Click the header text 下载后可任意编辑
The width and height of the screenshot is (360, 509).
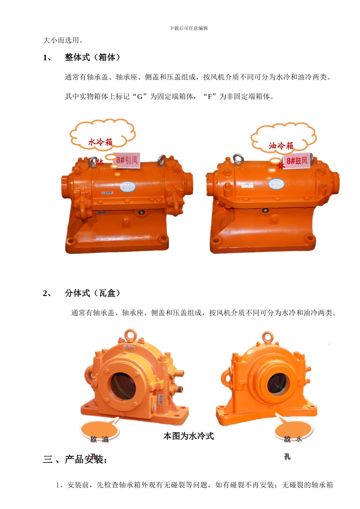pos(189,28)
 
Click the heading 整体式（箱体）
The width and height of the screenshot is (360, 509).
pos(92,57)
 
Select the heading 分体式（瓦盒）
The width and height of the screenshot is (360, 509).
pos(92,293)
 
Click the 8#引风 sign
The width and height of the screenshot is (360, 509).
pos(127,160)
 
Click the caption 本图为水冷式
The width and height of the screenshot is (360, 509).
pos(188,436)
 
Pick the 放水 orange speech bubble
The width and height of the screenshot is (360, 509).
pos(293,431)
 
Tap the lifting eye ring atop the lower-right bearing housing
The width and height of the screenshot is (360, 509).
pos(268,336)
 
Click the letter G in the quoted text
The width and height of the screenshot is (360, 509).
pos(139,97)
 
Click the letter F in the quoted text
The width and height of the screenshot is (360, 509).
pos(210,97)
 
